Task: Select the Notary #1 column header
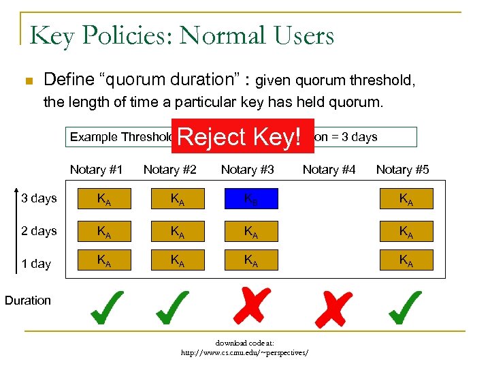97,170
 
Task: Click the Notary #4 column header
329,170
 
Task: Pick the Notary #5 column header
403,170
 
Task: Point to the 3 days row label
39,198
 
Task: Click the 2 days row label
39,231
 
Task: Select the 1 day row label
36,263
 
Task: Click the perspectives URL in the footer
244,353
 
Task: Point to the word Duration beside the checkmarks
28,300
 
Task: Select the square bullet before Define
27,82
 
